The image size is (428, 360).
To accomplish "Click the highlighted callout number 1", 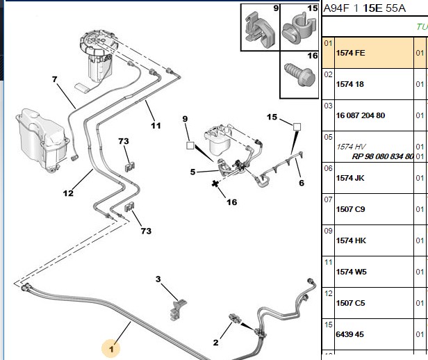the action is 111,349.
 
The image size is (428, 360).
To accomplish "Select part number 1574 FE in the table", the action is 350,53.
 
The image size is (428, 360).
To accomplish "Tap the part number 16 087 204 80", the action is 361,115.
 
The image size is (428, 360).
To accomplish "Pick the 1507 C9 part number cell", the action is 350,209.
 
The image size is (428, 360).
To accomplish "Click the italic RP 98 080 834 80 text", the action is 383,156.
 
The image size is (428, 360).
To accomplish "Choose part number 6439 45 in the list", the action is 349,334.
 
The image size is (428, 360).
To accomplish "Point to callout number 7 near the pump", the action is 55,79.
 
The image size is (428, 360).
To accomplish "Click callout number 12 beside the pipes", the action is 68,193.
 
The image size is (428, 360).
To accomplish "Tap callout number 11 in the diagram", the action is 156,126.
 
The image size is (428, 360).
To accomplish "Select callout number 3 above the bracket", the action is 158,279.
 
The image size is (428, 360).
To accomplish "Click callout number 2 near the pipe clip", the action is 215,342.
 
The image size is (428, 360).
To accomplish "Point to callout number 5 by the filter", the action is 192,172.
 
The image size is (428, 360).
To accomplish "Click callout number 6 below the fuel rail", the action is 302,183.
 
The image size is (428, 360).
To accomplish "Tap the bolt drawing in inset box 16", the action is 299,74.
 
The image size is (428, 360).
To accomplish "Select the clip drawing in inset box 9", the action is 259,29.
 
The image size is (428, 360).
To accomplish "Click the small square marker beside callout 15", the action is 297,127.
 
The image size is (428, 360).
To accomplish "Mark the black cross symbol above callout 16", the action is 215,183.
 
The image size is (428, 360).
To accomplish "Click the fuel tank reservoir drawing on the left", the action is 42,140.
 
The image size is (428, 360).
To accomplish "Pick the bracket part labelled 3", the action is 178,310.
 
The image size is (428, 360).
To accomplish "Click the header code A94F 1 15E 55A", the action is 364,8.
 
